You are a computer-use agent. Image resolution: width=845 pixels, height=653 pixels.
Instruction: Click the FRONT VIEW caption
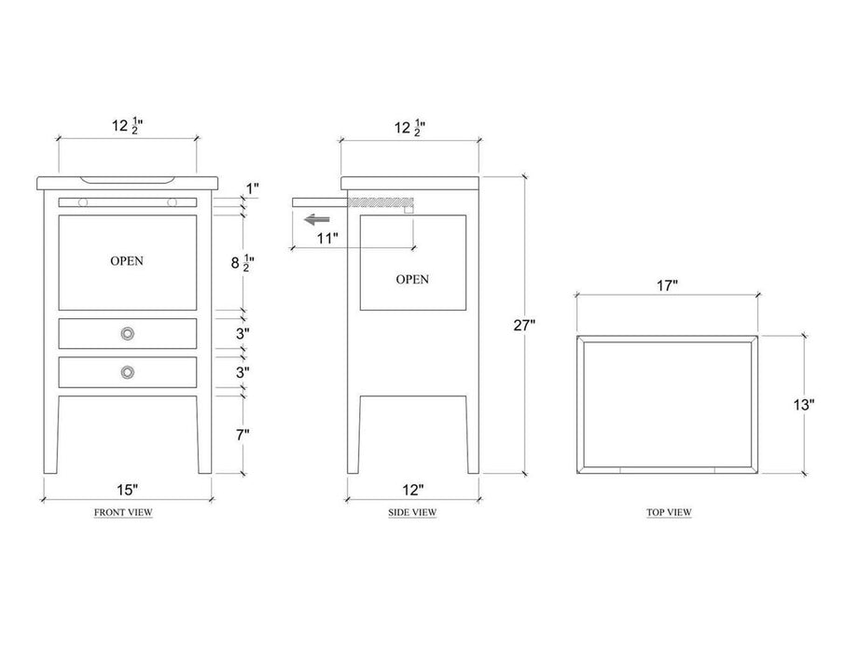click(x=123, y=512)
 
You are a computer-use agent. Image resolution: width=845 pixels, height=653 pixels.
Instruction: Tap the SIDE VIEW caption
click(x=412, y=512)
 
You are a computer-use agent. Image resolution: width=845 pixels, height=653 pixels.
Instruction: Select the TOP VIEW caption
click(x=669, y=512)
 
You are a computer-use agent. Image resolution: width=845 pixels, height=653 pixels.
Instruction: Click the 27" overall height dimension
click(x=524, y=326)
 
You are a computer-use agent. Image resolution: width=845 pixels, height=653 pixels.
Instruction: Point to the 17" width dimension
click(x=667, y=285)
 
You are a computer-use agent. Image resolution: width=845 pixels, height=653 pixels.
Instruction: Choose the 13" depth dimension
click(x=803, y=405)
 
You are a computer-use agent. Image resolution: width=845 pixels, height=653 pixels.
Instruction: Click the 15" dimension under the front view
click(x=128, y=490)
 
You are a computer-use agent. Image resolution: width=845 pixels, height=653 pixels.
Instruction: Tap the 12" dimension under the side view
click(x=413, y=490)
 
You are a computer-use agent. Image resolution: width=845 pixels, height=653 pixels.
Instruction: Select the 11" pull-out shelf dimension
click(x=327, y=238)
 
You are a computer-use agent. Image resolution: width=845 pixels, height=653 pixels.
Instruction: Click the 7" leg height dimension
click(x=242, y=435)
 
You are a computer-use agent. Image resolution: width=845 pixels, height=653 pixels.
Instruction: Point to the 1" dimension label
click(x=252, y=188)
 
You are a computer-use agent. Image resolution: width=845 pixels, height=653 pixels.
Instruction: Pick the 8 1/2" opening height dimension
click(x=242, y=263)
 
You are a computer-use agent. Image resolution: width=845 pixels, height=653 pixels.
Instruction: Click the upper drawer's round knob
click(x=128, y=334)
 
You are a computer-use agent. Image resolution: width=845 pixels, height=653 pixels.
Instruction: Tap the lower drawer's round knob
click(x=128, y=372)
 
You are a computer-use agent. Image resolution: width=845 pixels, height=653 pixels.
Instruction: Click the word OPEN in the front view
click(x=127, y=261)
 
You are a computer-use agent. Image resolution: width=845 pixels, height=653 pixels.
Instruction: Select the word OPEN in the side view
click(x=412, y=279)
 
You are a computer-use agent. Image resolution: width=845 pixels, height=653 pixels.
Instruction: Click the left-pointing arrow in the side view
click(x=317, y=219)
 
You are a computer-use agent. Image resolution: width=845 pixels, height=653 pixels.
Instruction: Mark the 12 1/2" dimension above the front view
click(x=127, y=126)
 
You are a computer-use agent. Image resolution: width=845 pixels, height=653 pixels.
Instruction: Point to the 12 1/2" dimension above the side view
click(x=410, y=129)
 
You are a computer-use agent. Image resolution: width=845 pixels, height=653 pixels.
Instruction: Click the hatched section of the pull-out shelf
click(x=381, y=202)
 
